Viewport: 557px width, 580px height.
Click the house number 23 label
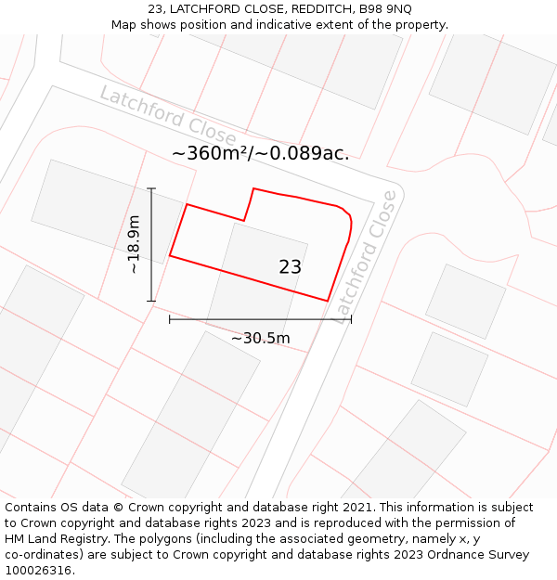(x=290, y=267)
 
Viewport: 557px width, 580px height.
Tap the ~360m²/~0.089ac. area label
(x=261, y=154)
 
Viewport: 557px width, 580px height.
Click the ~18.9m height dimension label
(x=135, y=244)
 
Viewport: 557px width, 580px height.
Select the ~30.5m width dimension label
(x=260, y=338)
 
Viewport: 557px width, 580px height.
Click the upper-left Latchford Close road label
(x=167, y=116)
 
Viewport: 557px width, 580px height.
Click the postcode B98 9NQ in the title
(x=384, y=9)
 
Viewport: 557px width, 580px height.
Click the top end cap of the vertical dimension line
(x=151, y=188)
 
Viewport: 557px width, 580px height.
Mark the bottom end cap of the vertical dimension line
(x=151, y=301)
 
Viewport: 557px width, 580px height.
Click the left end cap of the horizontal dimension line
(x=170, y=319)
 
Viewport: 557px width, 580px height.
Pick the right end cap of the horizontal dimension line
(x=351, y=319)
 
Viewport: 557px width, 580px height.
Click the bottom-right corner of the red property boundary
(x=328, y=301)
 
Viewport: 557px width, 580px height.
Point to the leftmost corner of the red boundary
(x=170, y=255)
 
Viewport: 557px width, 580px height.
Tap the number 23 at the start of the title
(x=155, y=9)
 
